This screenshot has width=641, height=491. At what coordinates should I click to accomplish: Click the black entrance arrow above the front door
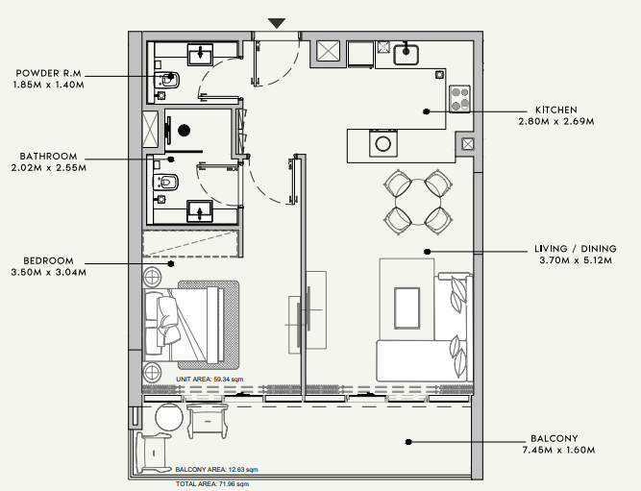click(277, 23)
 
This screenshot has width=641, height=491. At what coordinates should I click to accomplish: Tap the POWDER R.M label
click(49, 73)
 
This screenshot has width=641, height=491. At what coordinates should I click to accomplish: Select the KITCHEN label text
click(556, 110)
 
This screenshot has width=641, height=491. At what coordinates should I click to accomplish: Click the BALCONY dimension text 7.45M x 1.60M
click(558, 450)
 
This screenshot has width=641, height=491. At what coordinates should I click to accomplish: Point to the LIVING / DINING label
click(576, 249)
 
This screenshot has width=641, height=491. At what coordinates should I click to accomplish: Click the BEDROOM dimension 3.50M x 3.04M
click(49, 272)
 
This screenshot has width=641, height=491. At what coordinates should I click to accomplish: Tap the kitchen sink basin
click(406, 55)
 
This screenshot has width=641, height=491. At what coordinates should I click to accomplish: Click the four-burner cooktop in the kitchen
click(459, 99)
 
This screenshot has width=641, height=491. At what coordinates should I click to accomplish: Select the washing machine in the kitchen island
click(383, 143)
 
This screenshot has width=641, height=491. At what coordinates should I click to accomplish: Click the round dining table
click(418, 203)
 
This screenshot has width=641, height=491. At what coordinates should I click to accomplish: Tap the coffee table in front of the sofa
click(407, 307)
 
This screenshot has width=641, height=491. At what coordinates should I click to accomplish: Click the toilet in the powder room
click(167, 80)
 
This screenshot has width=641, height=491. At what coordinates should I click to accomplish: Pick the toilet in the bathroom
click(166, 182)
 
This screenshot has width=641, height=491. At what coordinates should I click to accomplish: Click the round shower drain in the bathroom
click(184, 131)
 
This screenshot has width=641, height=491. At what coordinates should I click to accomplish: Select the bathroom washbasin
click(200, 211)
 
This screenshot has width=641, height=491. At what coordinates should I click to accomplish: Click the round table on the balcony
click(169, 417)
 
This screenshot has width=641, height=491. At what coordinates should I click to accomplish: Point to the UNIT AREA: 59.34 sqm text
click(210, 380)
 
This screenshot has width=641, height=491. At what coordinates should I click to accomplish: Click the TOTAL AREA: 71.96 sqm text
click(212, 484)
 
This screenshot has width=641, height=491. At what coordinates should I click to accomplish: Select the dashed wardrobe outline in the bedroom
click(190, 244)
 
